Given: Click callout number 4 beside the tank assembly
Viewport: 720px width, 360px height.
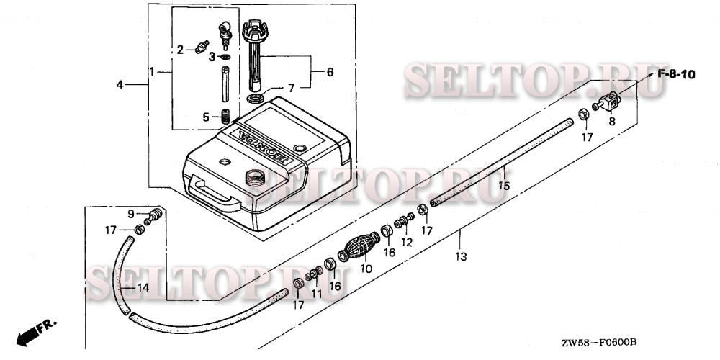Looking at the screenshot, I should tap(120, 85).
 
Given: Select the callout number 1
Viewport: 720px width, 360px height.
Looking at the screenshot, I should tap(152, 71).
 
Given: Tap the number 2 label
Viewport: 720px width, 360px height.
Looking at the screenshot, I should tap(181, 50).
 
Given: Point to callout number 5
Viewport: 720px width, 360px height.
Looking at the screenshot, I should tap(205, 117).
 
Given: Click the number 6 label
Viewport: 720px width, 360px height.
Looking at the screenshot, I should tap(330, 73).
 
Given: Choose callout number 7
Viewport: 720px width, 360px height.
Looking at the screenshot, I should tap(291, 88).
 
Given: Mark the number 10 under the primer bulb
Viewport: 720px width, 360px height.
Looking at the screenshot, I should tap(366, 269).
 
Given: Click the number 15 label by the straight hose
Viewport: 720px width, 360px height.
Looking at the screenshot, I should tap(505, 186).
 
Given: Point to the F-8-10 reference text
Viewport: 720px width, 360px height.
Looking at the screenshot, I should tap(674, 75).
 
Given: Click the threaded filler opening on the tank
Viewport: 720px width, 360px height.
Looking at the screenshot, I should tap(256, 176).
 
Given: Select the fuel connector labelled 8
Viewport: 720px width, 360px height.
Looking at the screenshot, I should tap(608, 103).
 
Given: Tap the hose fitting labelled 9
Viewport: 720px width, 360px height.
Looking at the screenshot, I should tap(153, 215).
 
